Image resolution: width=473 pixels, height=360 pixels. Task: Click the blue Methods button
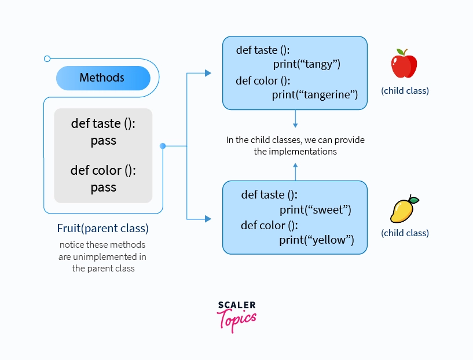(x=102, y=78)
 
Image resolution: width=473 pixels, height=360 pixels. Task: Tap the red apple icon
(x=404, y=64)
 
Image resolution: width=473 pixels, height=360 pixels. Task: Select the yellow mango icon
(x=404, y=210)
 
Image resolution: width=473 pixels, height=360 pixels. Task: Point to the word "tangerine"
(x=327, y=94)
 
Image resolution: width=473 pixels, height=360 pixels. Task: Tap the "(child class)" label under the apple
(x=405, y=91)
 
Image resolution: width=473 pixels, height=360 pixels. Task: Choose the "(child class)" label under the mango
(x=405, y=233)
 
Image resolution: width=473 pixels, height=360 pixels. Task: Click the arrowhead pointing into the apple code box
(x=208, y=73)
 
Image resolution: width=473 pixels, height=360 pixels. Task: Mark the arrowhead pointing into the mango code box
(x=208, y=219)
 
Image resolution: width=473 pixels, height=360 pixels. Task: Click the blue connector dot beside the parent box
(x=163, y=146)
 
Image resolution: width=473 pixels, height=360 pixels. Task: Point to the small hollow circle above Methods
(x=47, y=58)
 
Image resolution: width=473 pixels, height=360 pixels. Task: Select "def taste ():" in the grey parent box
(x=103, y=124)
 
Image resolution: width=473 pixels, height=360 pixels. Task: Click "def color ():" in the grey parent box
(x=103, y=171)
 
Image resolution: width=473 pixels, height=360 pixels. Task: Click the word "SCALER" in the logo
(x=236, y=305)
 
